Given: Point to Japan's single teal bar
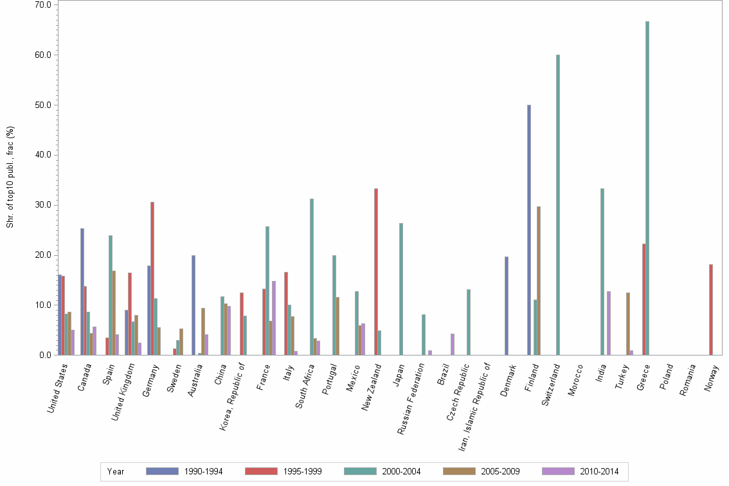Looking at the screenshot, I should point(401,289).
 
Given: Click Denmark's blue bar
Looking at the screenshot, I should point(507,305).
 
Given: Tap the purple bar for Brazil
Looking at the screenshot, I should point(453,344).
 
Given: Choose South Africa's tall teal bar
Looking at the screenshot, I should point(312,276).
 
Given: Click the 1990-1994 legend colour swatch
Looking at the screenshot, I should point(162,471).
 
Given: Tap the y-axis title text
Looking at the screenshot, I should point(10,177).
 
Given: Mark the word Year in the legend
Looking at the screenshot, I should point(116,471).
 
